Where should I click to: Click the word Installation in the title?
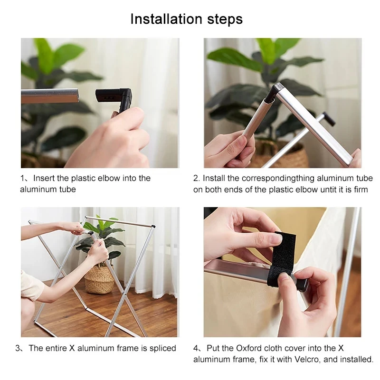coord(166,19)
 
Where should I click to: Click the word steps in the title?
coord(225,19)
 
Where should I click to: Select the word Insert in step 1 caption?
coord(44,178)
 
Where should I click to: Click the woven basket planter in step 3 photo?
coord(99,279)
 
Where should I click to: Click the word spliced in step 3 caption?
coord(163,348)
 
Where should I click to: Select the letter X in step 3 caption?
coord(72,348)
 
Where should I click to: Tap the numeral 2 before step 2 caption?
coord(196,179)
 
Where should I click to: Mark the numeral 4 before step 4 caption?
coord(196,349)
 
